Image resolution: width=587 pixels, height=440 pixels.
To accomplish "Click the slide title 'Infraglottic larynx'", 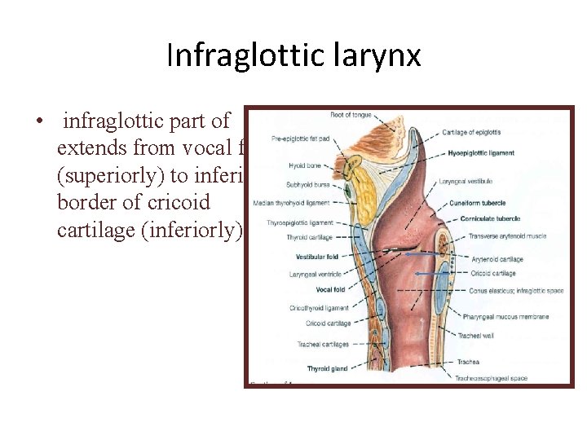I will click(x=293, y=55).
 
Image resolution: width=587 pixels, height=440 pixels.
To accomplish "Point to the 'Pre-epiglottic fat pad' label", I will click(x=301, y=139).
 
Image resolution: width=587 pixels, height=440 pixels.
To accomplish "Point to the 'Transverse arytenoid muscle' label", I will click(x=508, y=236).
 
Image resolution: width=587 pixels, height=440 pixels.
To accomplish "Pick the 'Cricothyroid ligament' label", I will click(x=320, y=308).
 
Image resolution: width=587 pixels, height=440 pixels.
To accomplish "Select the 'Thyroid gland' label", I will click(x=327, y=369).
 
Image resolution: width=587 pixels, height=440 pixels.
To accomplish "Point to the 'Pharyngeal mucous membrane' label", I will click(x=505, y=316).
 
